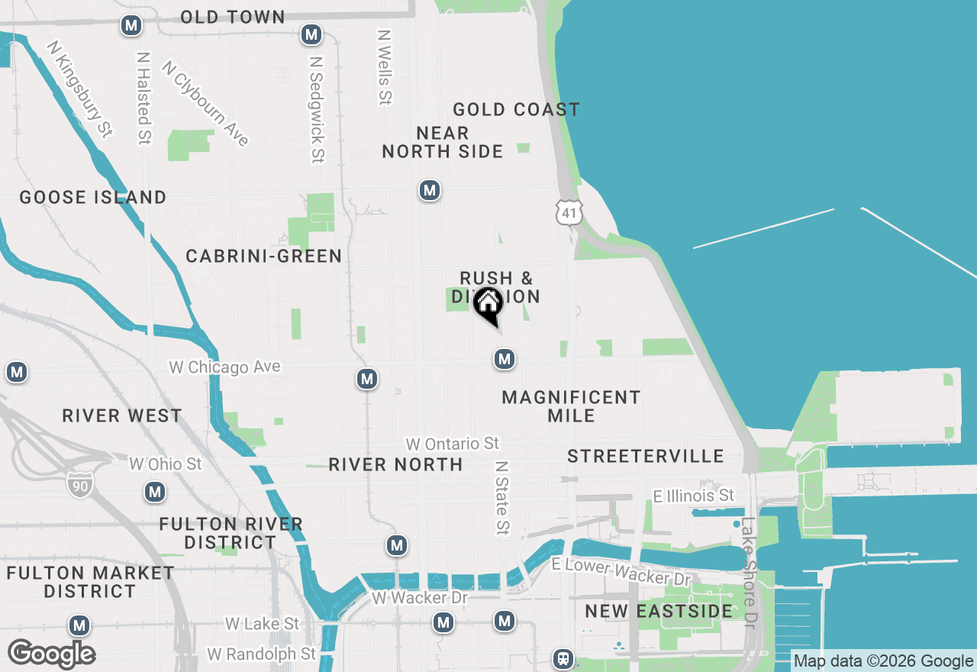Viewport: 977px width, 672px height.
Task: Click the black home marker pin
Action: [488, 305]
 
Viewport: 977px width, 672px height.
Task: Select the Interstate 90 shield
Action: [79, 484]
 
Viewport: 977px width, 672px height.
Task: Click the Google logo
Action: [51, 654]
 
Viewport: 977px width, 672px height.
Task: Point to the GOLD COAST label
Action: [516, 109]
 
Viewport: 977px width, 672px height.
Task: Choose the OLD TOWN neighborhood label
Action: [233, 17]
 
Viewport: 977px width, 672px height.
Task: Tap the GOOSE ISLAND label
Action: [92, 197]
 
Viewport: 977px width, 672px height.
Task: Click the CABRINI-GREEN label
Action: [264, 256]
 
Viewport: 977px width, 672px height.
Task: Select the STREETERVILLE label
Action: [646, 456]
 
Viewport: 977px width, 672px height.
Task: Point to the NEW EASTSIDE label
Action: [659, 611]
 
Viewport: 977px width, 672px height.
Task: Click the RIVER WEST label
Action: [122, 415]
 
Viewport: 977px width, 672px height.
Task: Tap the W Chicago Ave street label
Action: [224, 367]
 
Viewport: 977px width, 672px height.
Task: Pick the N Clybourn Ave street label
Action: [205, 104]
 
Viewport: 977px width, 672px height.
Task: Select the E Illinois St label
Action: [693, 496]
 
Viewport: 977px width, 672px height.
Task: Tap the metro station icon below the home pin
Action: [504, 358]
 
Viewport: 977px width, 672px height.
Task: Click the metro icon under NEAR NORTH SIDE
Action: [430, 190]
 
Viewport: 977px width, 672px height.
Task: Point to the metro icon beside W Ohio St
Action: [156, 492]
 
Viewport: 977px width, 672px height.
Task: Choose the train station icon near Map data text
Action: [563, 658]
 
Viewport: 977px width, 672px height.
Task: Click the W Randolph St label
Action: [261, 654]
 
